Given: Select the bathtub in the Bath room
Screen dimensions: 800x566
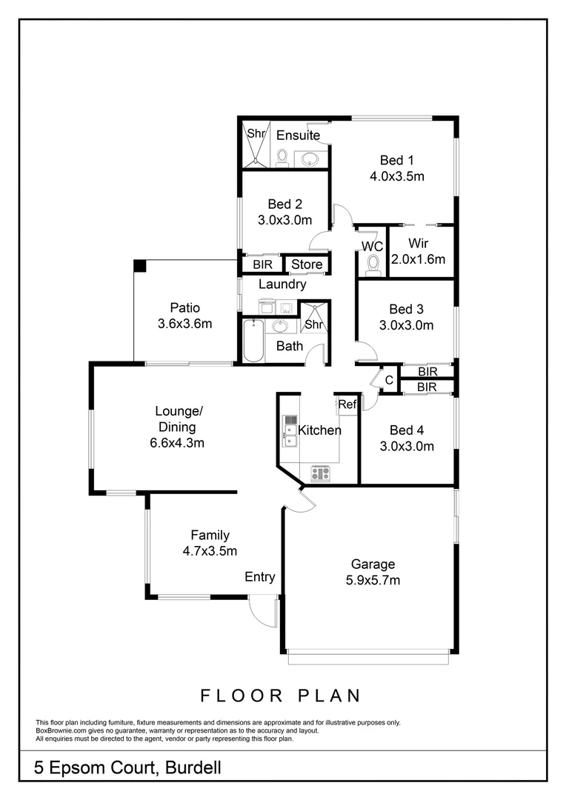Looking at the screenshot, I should click(253, 341).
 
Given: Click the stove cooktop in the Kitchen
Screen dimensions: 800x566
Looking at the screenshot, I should click(321, 471).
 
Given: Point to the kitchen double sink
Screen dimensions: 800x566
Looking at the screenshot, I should click(290, 436).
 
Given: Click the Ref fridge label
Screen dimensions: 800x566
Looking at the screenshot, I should click(347, 404).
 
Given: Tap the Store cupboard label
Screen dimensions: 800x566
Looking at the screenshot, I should click(306, 264).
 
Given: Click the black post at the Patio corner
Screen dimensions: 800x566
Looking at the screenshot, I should click(139, 265).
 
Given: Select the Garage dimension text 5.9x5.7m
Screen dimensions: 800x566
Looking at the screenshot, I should click(373, 580).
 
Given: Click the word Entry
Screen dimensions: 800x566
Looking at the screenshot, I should click(259, 577).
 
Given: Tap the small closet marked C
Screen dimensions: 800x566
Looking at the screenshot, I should click(389, 380).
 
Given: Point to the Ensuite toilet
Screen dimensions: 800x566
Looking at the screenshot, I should click(282, 157).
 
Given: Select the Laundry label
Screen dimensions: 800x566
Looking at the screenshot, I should click(282, 284).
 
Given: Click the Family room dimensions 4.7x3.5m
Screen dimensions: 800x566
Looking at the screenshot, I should click(210, 550).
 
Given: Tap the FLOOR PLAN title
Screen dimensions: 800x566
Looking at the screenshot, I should click(281, 696).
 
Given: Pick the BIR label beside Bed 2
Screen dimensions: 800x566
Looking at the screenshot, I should click(262, 264).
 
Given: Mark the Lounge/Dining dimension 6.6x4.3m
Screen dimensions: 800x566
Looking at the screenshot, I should click(176, 443).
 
